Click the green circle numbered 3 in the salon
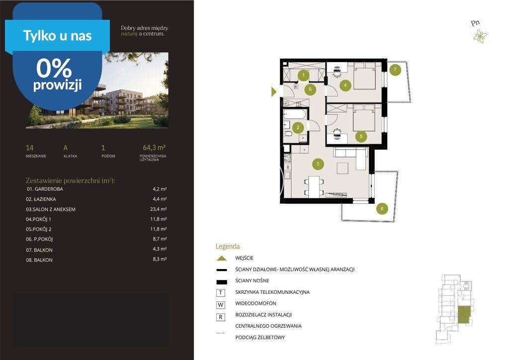[x=318, y=164]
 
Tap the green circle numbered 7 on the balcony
[x=395, y=70]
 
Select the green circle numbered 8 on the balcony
[x=382, y=208]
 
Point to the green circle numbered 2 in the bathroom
[x=298, y=128]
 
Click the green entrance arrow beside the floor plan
[x=274, y=92]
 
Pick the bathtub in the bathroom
[x=295, y=114]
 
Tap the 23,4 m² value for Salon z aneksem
[x=159, y=209]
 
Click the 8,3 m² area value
[x=160, y=259]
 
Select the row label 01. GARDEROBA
[x=45, y=189]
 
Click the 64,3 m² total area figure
[x=154, y=148]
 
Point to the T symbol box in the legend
[x=221, y=293]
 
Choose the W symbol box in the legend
[x=221, y=305]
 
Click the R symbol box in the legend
[x=221, y=317]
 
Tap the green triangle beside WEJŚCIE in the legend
[x=222, y=259]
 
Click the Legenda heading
[x=228, y=247]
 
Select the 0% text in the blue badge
[x=54, y=68]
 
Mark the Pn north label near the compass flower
[x=475, y=23]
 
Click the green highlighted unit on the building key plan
[x=464, y=314]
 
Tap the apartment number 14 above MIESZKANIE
[x=29, y=148]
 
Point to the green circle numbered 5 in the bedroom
[x=361, y=136]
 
